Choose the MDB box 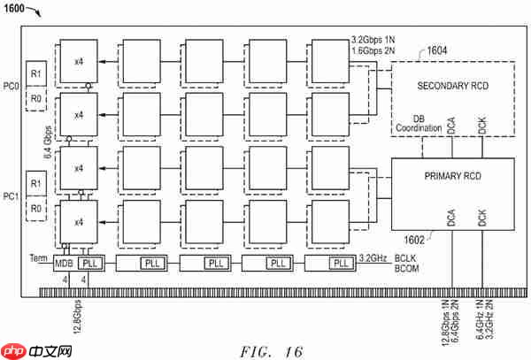[64, 263]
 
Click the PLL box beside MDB [90, 263]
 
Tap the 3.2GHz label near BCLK [372, 259]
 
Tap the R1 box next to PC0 [36, 73]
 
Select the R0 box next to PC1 [36, 210]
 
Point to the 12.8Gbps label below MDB [76, 312]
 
